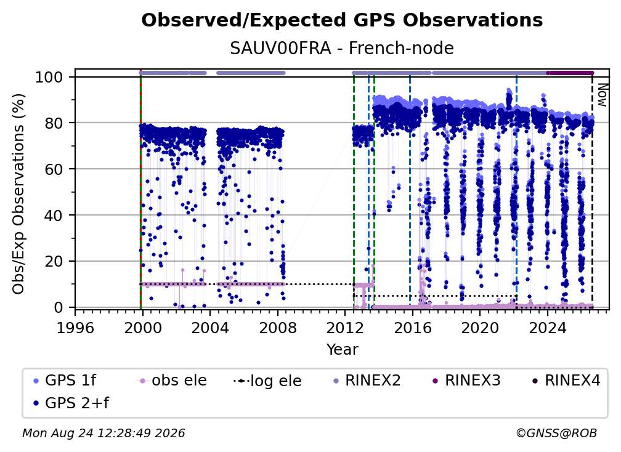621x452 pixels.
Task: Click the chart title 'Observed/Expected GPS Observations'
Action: (x=342, y=20)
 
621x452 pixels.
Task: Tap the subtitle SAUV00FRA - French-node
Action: (x=342, y=48)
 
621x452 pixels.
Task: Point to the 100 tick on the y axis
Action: (x=49, y=77)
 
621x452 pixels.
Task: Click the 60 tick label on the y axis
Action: (x=54, y=169)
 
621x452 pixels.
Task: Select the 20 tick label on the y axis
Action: (x=54, y=261)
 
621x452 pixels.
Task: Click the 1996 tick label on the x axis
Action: (x=75, y=328)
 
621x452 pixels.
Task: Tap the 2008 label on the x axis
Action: (x=278, y=328)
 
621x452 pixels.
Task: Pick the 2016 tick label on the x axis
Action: (x=412, y=328)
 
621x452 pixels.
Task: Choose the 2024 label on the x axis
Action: (x=547, y=328)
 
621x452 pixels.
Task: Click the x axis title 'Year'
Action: (x=342, y=350)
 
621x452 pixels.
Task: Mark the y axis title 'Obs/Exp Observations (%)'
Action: (x=18, y=194)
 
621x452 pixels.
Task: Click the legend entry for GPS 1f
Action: (x=65, y=381)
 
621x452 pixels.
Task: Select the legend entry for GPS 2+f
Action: (x=71, y=403)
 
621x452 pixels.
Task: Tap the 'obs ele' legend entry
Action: (x=171, y=381)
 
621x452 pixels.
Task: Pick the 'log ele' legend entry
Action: (x=268, y=381)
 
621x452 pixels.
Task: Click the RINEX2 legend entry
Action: (x=367, y=381)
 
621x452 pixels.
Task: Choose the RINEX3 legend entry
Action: (x=466, y=381)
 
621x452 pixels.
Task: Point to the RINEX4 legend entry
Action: (x=566, y=381)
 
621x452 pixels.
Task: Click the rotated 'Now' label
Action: (x=602, y=95)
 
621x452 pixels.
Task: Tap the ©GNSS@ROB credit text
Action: (x=556, y=433)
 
